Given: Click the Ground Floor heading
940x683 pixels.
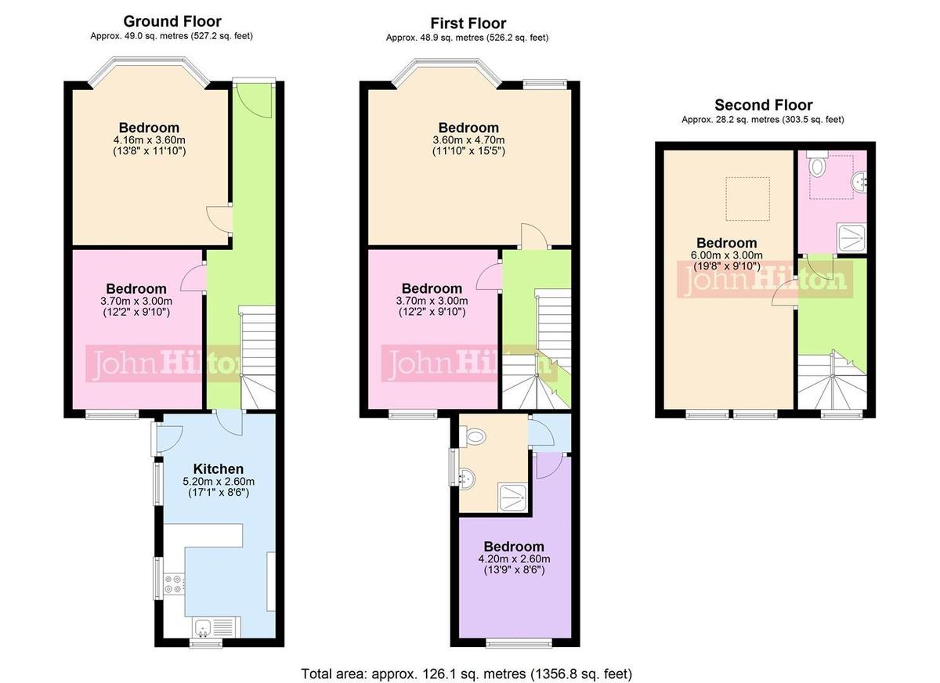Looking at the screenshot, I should pyautogui.click(x=172, y=21).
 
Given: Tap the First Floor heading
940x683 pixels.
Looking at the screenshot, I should pyautogui.click(x=468, y=23).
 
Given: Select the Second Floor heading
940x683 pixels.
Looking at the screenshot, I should pyautogui.click(x=763, y=105).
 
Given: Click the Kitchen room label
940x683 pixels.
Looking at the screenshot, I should pyautogui.click(x=219, y=468).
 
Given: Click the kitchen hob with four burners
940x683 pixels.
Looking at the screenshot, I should pyautogui.click(x=174, y=584).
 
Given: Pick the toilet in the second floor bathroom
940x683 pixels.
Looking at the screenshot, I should pyautogui.click(x=819, y=165).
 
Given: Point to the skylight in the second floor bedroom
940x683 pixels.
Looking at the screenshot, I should pyautogui.click(x=747, y=198).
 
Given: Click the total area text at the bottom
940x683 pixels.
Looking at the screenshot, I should pyautogui.click(x=466, y=674).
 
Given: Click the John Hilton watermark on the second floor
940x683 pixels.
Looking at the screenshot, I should pyautogui.click(x=763, y=280).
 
